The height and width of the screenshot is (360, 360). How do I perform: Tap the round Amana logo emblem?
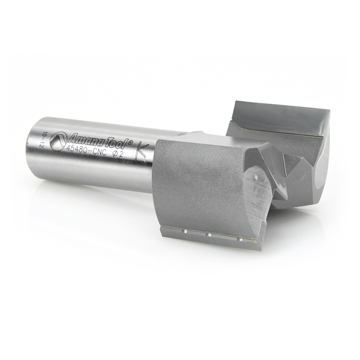pyautogui.click(x=57, y=141)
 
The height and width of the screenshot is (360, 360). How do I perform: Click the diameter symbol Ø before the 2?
pyautogui.click(x=114, y=154)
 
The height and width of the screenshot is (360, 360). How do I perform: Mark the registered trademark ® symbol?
pyautogui.click(x=130, y=143)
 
